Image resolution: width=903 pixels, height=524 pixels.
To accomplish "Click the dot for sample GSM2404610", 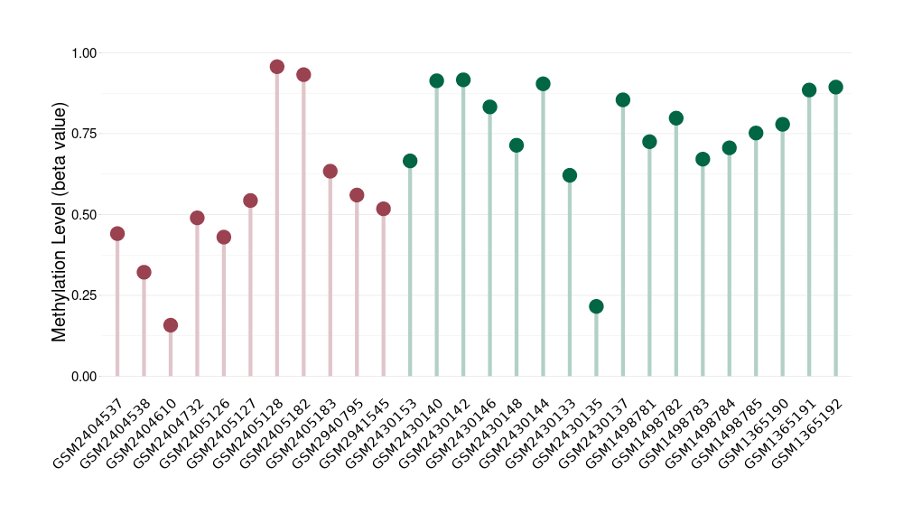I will [x=171, y=325].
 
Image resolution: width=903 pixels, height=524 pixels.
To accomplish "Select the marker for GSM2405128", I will [x=277, y=67].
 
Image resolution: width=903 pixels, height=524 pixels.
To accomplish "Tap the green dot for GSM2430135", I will [x=596, y=306].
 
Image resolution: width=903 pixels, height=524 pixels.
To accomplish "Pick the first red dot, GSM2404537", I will [x=117, y=234].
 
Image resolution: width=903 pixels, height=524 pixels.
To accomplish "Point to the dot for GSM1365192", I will [x=835, y=88].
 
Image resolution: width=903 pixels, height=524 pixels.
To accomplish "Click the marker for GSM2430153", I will [x=410, y=161].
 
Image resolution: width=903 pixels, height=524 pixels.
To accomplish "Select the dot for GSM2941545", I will [x=383, y=209].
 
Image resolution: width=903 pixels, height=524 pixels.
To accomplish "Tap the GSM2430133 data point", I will [x=569, y=175].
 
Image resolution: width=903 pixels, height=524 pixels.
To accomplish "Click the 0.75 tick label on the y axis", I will [x=84, y=134].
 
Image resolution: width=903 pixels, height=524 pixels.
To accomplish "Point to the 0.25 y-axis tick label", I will [x=84, y=295].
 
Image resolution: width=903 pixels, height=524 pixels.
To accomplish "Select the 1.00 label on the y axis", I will [x=84, y=53].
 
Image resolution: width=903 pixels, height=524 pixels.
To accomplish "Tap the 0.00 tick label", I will [x=84, y=376].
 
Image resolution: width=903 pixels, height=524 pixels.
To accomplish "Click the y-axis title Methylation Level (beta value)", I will [x=60, y=222].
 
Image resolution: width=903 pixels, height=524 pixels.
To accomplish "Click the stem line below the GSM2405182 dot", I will [x=303, y=226].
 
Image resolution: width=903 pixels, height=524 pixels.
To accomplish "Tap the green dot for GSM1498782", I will [x=676, y=118].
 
